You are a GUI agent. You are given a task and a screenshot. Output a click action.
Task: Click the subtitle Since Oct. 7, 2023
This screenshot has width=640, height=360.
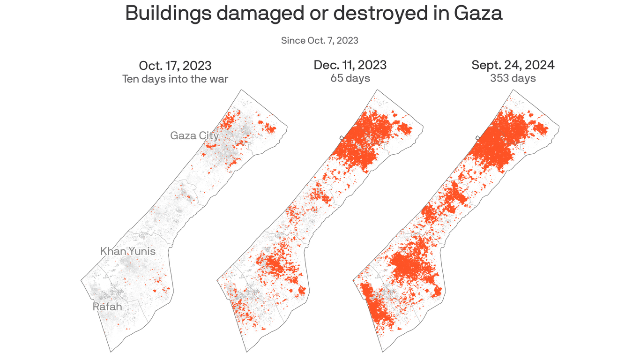[x=320, y=40]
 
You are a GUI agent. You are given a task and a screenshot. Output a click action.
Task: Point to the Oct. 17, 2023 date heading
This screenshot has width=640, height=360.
[x=175, y=65]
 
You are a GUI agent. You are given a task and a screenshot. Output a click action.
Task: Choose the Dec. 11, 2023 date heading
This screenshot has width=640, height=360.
[x=350, y=65]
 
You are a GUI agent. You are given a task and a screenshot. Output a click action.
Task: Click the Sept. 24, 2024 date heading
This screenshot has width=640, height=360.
[x=513, y=65]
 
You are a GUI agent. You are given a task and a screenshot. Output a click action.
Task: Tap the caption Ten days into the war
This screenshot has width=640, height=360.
[x=175, y=79]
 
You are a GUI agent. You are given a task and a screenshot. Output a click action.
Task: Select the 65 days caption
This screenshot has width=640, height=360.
[x=350, y=78]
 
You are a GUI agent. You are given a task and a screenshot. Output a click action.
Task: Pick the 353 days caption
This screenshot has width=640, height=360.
[x=513, y=78]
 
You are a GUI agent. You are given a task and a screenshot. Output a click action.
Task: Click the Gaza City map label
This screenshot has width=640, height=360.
[x=194, y=136]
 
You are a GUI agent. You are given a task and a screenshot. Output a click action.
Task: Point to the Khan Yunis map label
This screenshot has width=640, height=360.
[x=128, y=251]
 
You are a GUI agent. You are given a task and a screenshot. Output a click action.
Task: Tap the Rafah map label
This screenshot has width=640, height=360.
[x=107, y=307]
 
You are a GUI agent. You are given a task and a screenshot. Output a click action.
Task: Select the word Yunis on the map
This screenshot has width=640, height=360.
[x=142, y=251]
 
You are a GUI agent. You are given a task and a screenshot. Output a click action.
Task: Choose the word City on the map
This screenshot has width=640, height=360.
[x=208, y=136]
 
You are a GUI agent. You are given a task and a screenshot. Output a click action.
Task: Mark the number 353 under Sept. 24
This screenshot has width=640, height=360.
[x=500, y=78]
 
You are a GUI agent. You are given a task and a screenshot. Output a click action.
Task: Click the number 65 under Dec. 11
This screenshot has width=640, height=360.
[x=337, y=78]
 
